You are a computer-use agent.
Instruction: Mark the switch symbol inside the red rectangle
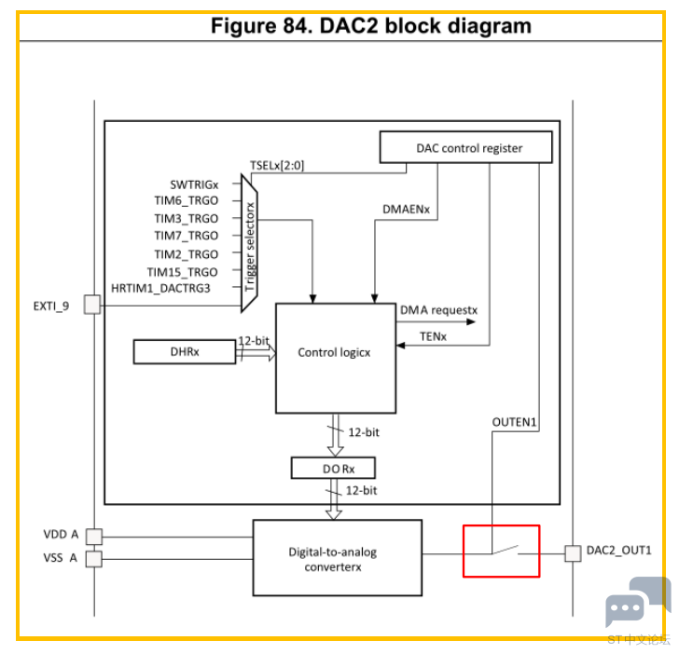pyautogui.click(x=505, y=551)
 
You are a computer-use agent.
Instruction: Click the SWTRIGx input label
pyautogui.click(x=194, y=185)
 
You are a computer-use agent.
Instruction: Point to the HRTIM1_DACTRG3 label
pyautogui.click(x=160, y=288)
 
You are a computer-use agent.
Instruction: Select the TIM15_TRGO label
pyautogui.click(x=182, y=272)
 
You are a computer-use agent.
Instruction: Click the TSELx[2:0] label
pyautogui.click(x=277, y=165)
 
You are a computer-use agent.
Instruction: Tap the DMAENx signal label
pyautogui.click(x=407, y=210)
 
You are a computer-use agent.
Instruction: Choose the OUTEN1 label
pyautogui.click(x=515, y=422)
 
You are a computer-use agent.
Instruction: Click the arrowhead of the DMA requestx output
pyautogui.click(x=471, y=321)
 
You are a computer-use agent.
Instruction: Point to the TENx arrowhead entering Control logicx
pyautogui.click(x=400, y=345)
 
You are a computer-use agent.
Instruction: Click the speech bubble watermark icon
pyautogui.click(x=636, y=600)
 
